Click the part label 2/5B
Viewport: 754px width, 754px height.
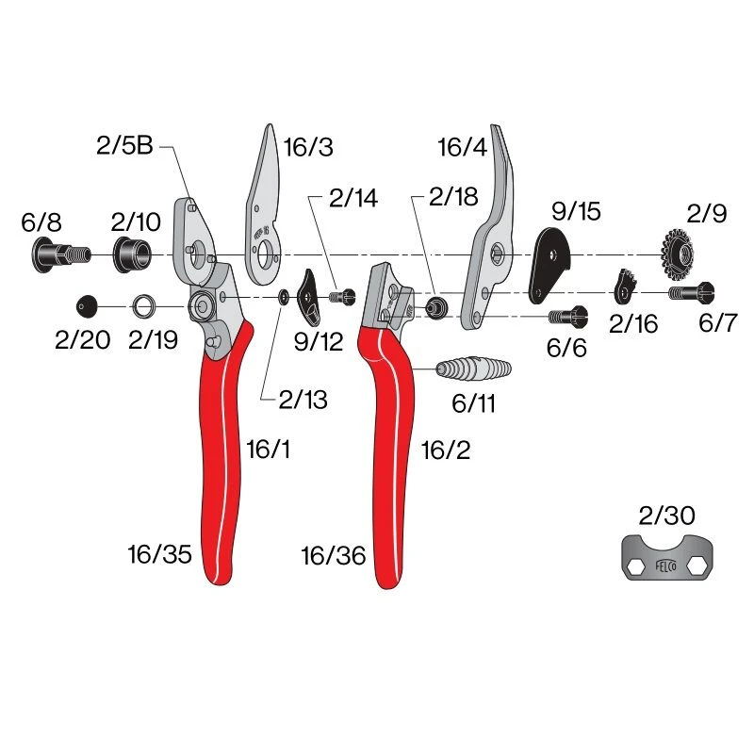[x=124, y=146]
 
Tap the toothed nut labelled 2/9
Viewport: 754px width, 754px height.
[x=678, y=254]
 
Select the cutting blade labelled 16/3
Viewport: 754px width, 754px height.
[x=263, y=205]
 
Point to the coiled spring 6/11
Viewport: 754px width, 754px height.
[x=474, y=369]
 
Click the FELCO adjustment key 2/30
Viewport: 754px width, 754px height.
[x=667, y=558]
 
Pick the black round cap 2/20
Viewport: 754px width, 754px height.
[x=87, y=306]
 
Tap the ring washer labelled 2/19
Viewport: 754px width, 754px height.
[x=142, y=306]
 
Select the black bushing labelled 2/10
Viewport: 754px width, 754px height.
[x=131, y=254]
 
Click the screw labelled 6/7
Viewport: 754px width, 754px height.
[x=692, y=292]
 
